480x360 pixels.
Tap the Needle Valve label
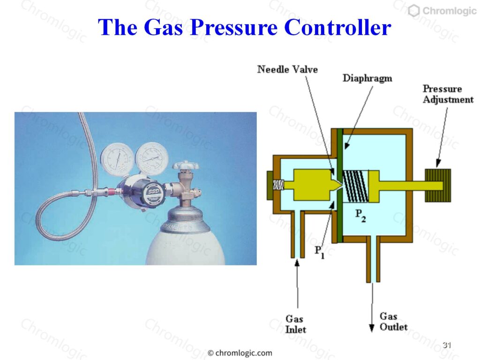[287, 69]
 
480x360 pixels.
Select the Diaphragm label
[367, 78]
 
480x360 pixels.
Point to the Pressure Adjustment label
[448, 94]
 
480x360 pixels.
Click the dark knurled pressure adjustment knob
[437, 186]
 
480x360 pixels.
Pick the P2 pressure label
[360, 215]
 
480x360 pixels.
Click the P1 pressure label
[320, 252]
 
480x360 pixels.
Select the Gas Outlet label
[393, 322]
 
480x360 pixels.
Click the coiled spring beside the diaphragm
[355, 186]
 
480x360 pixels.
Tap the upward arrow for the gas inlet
[297, 284]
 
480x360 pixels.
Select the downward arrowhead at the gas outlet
[372, 328]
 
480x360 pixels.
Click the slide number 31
[447, 345]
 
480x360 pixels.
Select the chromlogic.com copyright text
[240, 353]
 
